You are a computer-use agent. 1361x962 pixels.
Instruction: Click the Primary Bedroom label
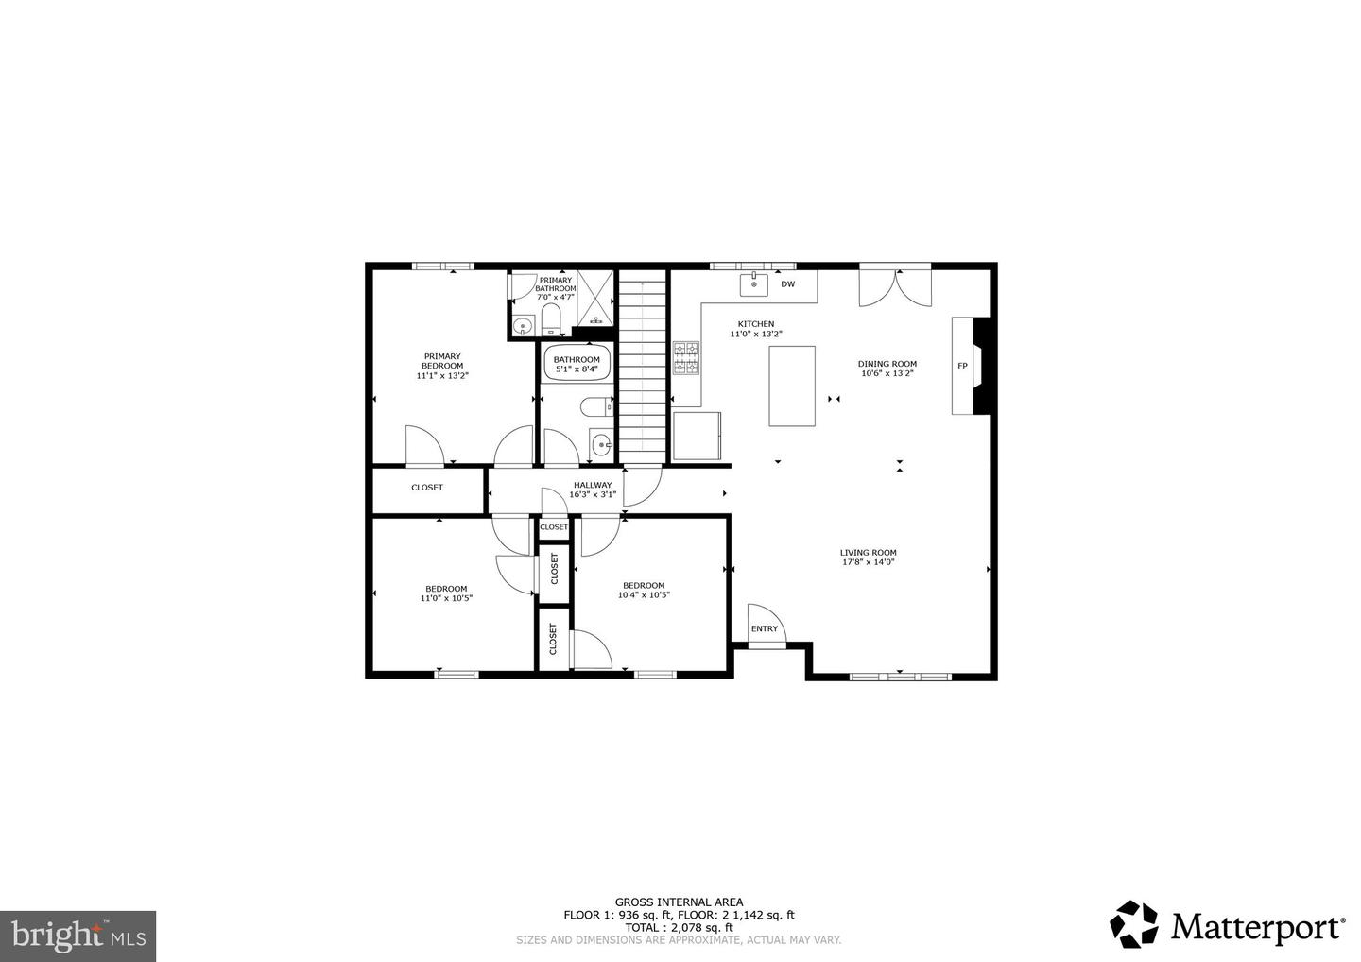click(442, 361)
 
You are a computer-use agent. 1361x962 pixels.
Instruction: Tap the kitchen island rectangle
click(792, 386)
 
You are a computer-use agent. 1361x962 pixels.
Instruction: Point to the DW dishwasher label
click(787, 283)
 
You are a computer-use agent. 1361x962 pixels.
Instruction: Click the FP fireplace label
click(962, 366)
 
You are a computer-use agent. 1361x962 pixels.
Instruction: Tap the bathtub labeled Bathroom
click(577, 364)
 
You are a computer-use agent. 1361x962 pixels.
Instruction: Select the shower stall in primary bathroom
click(595, 299)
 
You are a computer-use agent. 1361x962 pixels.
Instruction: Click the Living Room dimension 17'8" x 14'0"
click(868, 562)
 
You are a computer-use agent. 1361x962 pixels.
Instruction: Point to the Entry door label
click(765, 628)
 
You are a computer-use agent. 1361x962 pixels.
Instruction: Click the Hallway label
click(593, 485)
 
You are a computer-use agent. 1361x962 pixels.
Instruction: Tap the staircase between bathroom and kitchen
click(643, 364)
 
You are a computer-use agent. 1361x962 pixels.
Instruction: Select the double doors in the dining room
click(895, 287)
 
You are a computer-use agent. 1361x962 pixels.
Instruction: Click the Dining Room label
click(887, 364)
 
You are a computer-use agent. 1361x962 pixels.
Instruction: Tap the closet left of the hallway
click(427, 488)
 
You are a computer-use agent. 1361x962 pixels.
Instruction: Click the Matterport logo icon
click(1133, 923)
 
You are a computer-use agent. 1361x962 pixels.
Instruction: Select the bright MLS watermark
click(78, 936)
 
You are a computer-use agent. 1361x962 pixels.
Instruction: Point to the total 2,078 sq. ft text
click(679, 927)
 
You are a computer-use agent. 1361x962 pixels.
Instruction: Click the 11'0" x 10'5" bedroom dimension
click(446, 598)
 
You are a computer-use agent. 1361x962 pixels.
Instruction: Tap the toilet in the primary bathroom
click(551, 318)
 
